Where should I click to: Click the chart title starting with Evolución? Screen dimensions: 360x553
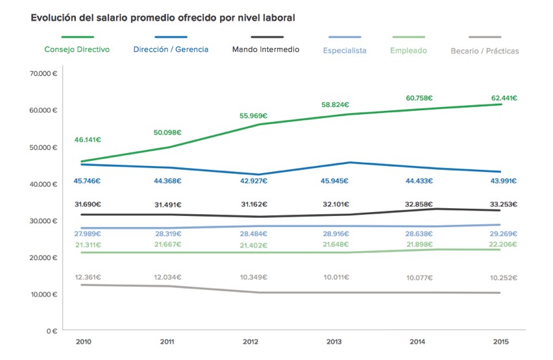pyautogui.click(x=163, y=18)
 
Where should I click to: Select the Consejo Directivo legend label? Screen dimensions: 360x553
pyautogui.click(x=77, y=49)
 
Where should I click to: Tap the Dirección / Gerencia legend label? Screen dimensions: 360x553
pyautogui.click(x=171, y=49)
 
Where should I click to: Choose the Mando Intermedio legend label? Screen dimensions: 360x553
pyautogui.click(x=265, y=49)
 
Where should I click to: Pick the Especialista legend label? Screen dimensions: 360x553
pyautogui.click(x=345, y=51)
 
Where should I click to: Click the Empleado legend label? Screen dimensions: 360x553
pyautogui.click(x=409, y=51)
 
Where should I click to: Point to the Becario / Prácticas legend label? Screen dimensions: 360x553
pyautogui.click(x=485, y=51)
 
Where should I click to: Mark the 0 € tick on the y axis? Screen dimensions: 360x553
pyautogui.click(x=51, y=331)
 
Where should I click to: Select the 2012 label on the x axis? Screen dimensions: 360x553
pyautogui.click(x=251, y=342)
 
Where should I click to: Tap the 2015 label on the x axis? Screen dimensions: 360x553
pyautogui.click(x=500, y=342)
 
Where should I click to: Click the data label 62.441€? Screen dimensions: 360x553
pyautogui.click(x=504, y=98)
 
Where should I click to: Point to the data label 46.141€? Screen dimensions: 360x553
pyautogui.click(x=88, y=139)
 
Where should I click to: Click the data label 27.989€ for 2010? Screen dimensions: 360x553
pyautogui.click(x=88, y=234)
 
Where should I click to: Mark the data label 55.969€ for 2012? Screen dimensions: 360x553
pyautogui.click(x=253, y=116)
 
